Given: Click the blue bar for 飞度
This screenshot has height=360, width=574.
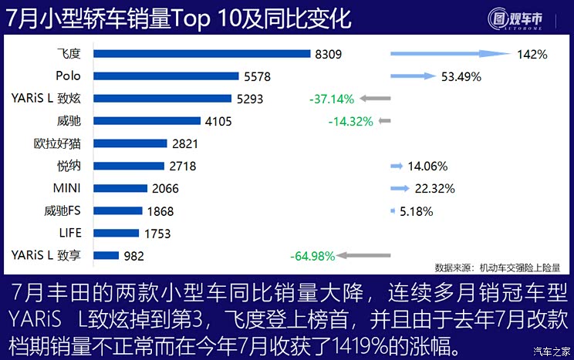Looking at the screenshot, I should tap(202, 54).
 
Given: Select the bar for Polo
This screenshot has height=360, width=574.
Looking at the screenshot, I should tap(166, 76).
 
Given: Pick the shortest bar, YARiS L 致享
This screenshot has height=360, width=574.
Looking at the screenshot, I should tap(106, 255).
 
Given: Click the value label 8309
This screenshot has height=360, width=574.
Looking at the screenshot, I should tap(328, 55).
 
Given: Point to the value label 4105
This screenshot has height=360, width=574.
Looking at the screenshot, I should tap(218, 121).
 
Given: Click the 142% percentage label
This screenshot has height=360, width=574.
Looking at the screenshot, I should tap(532, 55).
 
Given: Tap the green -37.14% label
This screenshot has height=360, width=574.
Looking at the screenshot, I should tap(331, 99).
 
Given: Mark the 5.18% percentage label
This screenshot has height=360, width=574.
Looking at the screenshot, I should tap(417, 210).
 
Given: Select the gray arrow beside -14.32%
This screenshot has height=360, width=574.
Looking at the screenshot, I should tap(385, 121).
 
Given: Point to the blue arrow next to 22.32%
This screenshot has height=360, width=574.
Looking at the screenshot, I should tap(400, 188).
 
